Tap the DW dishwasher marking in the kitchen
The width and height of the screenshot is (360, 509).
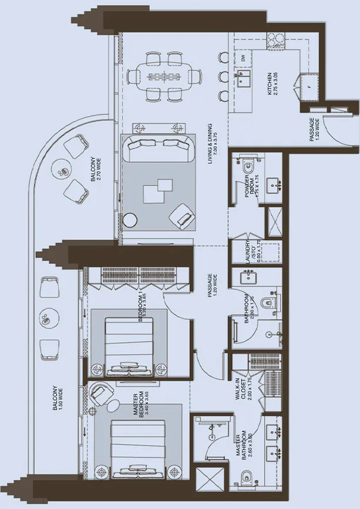(x=243, y=58)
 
